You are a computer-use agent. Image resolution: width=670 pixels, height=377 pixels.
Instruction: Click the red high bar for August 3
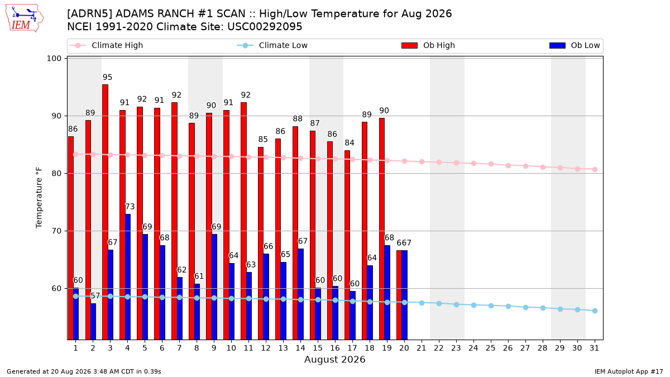[106, 212]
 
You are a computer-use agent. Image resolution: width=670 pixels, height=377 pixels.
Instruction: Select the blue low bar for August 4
[128, 277]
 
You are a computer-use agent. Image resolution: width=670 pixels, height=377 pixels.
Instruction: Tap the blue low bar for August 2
[93, 321]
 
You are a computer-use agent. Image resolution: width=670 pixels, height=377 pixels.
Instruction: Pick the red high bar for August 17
[347, 245]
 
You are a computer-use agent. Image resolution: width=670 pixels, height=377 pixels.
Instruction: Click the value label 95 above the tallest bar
[107, 77]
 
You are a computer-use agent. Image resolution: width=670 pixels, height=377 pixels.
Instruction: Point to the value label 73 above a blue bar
[130, 207]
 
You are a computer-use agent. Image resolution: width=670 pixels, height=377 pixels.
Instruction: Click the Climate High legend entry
[106, 45]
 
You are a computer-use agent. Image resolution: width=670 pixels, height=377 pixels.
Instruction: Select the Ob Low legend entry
[575, 45]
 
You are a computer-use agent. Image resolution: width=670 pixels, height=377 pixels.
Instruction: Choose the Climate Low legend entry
[272, 45]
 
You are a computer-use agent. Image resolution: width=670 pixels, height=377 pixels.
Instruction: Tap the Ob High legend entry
[428, 45]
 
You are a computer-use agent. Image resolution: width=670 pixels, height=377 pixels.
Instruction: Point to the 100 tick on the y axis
[54, 58]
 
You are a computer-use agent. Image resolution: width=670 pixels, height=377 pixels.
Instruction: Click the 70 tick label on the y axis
[56, 231]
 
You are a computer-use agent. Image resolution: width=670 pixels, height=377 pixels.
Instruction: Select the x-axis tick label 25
[491, 348]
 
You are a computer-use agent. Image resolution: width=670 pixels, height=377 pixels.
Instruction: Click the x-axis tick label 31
[594, 348]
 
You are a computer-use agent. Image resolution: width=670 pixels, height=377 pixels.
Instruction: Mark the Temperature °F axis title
[39, 198]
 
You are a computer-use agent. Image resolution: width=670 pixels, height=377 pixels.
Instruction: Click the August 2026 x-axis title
[335, 359]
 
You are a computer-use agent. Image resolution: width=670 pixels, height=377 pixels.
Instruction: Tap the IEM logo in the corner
[25, 18]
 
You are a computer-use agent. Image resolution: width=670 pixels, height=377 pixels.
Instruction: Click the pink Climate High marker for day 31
[595, 169]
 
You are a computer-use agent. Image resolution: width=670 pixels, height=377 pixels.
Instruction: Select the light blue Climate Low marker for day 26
[508, 307]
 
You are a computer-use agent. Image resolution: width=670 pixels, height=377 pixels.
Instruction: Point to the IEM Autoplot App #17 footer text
[629, 371]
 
